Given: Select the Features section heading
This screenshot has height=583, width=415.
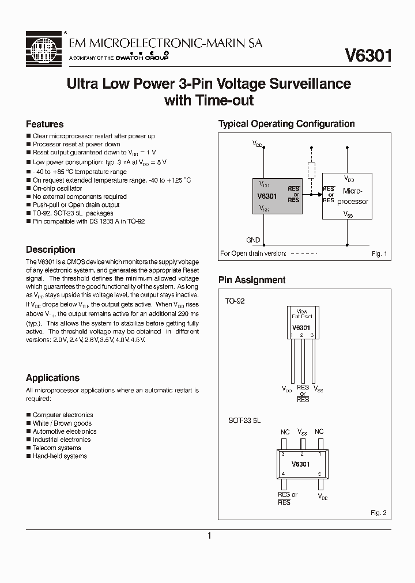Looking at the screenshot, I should (x=44, y=124).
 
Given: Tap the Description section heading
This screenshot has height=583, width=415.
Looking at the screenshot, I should (x=50, y=249).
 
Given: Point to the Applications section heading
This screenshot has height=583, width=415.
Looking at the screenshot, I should (x=52, y=378).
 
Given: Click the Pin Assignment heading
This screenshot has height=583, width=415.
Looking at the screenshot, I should (x=251, y=280).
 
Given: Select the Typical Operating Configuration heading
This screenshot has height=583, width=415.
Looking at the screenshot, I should (x=286, y=124).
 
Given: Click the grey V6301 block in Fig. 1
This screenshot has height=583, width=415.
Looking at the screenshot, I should (x=278, y=197).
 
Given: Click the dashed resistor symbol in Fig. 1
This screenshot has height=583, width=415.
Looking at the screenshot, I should (x=312, y=171).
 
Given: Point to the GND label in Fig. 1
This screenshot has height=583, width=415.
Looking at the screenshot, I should (x=253, y=240).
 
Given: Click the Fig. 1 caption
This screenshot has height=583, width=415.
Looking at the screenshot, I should (x=379, y=253).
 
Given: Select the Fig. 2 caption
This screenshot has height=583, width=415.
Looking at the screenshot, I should (x=379, y=512).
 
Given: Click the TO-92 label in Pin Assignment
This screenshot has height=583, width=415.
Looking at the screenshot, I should (x=235, y=301).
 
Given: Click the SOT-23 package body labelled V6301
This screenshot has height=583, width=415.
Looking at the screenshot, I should (x=300, y=464).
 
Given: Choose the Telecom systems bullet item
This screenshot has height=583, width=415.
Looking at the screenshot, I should (x=56, y=448).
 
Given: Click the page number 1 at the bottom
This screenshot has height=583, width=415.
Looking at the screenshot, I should (x=209, y=536).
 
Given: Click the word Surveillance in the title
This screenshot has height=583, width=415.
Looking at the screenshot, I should (x=309, y=84).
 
